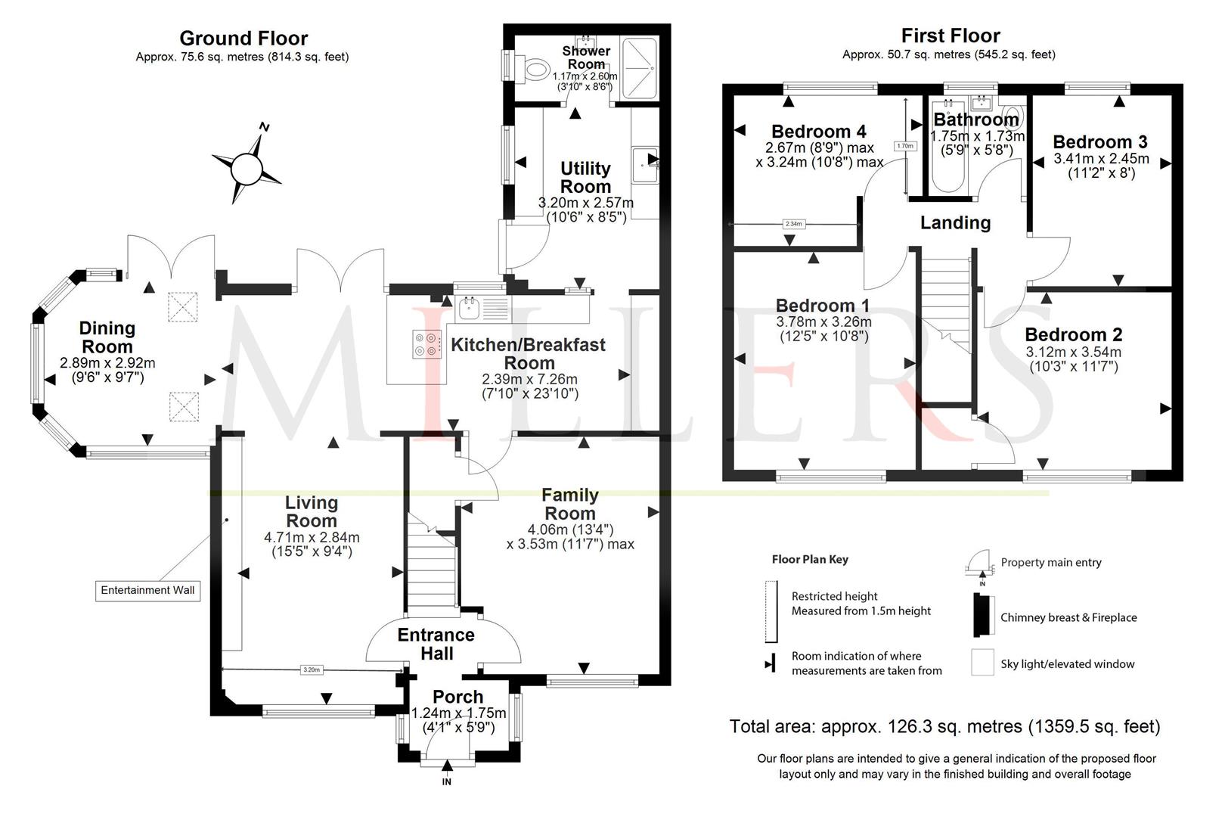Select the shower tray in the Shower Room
click(x=638, y=68)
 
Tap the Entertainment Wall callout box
click(x=147, y=590)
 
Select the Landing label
click(x=955, y=222)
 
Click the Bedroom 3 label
click(x=1099, y=141)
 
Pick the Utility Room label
click(x=585, y=177)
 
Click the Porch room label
click(x=457, y=697)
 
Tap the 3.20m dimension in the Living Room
click(x=312, y=669)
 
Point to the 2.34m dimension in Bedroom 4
click(x=793, y=224)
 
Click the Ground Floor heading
click(x=243, y=38)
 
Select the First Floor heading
click(x=950, y=36)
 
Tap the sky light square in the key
click(x=982, y=662)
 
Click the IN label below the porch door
click(x=446, y=781)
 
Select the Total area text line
click(x=944, y=727)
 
